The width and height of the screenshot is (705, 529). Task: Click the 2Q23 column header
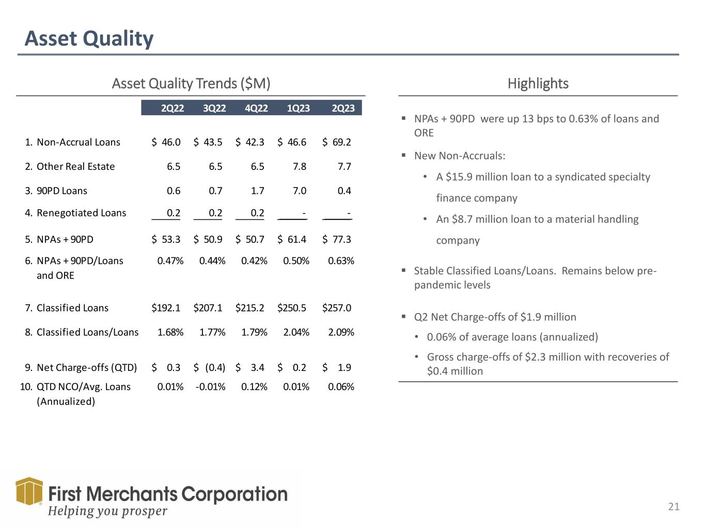[x=343, y=108]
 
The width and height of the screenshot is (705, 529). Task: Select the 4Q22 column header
[x=256, y=108]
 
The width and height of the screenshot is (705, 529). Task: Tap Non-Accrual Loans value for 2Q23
[x=337, y=142]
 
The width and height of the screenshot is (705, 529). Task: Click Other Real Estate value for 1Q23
[x=299, y=166]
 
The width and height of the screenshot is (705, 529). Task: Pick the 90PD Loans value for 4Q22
[x=257, y=191]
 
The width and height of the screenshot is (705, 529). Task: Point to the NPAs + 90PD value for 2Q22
[x=166, y=239]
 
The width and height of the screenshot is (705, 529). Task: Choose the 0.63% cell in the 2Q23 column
[x=341, y=261]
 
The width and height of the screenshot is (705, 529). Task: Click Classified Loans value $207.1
[x=208, y=308]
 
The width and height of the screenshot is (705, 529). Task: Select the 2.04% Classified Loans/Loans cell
[x=296, y=332]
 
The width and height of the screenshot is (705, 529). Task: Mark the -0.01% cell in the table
[x=211, y=387]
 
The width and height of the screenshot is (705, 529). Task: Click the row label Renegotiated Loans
[x=81, y=213]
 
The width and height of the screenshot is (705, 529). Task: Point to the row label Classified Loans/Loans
[x=87, y=332]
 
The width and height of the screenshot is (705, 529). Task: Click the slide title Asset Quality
[x=89, y=39]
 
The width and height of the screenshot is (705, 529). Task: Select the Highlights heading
[x=538, y=84]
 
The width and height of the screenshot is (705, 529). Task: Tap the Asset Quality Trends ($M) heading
[x=191, y=84]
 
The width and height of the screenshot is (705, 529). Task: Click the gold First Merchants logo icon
[x=29, y=491]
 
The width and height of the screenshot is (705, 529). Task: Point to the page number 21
[x=673, y=507]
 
